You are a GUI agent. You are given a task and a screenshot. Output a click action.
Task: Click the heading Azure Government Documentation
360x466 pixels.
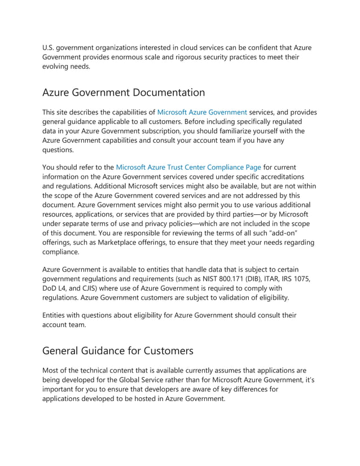tap(124, 92)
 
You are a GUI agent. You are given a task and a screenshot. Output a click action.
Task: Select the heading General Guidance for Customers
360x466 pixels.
tap(118, 350)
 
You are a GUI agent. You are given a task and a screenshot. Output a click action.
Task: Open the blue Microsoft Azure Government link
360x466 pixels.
tap(201, 112)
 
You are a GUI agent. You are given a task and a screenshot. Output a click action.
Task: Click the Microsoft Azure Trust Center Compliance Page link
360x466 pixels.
tap(188, 167)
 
